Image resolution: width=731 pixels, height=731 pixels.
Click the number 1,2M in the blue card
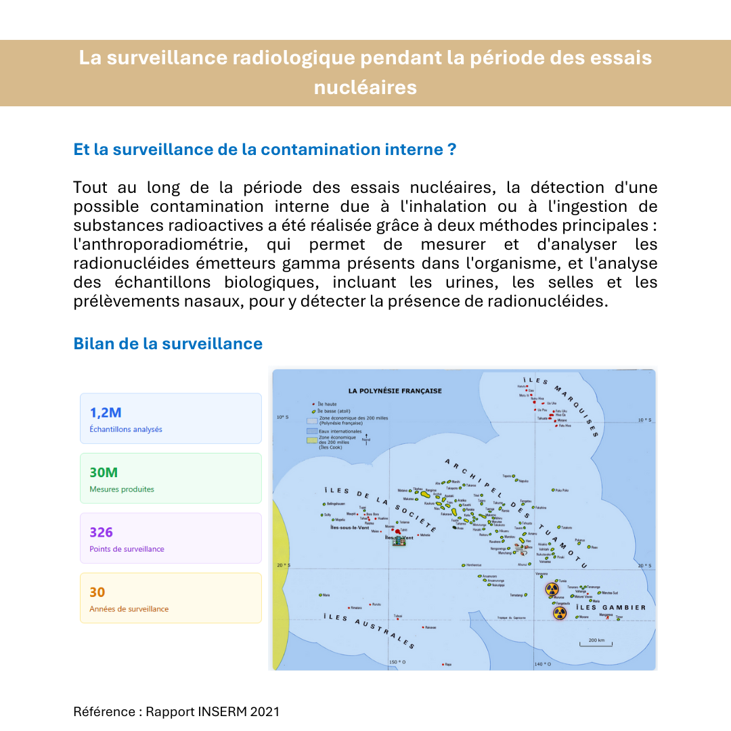[x=106, y=413]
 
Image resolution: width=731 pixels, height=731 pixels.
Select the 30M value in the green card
[x=104, y=472]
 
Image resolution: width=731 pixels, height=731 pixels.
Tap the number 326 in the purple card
[x=102, y=533]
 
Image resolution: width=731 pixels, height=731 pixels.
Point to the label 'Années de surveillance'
[x=129, y=609]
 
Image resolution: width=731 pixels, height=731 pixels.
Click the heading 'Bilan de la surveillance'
[x=168, y=344]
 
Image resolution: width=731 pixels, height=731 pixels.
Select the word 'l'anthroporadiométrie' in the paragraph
[x=140, y=244]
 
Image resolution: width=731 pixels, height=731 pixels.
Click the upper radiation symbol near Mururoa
[x=552, y=590]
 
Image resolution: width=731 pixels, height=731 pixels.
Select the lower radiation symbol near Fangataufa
[x=559, y=613]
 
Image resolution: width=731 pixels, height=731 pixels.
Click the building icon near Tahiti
[x=399, y=541]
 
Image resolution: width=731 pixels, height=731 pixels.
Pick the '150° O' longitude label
[x=397, y=662]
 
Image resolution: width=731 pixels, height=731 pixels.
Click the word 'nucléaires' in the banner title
[x=365, y=88]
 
